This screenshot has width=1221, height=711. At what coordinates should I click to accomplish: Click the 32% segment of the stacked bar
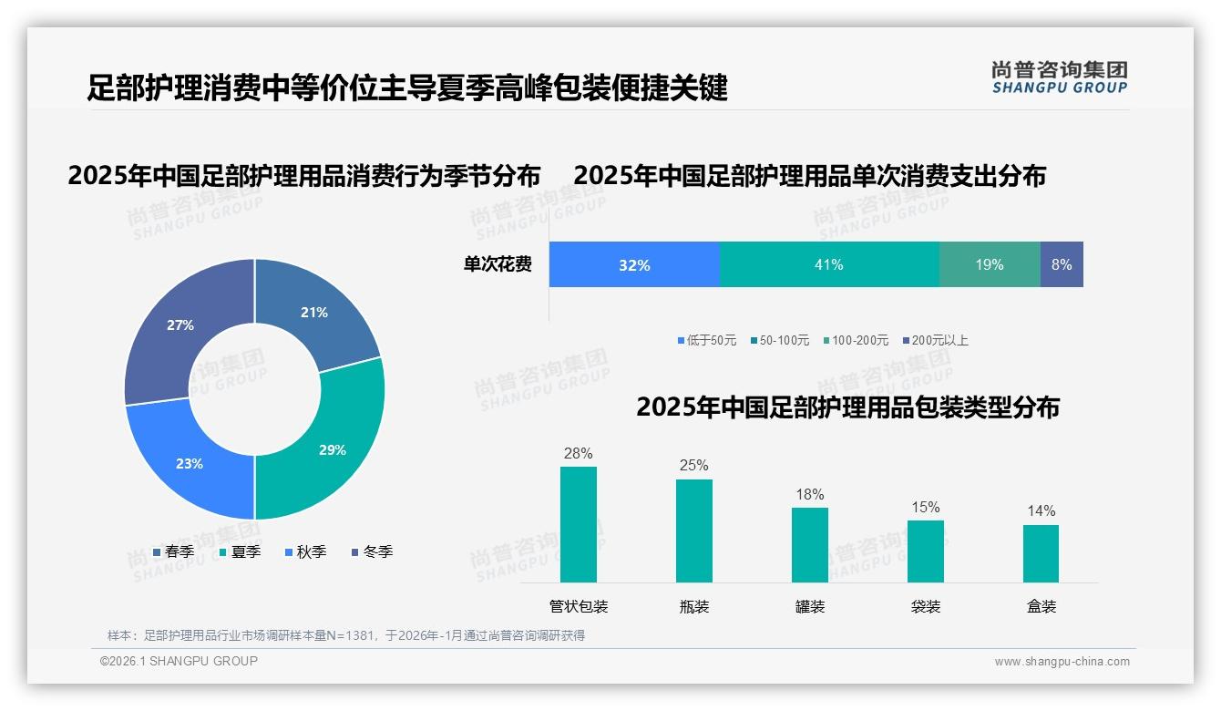pyautogui.click(x=634, y=264)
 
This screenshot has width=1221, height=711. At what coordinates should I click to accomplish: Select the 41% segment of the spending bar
pyautogui.click(x=829, y=264)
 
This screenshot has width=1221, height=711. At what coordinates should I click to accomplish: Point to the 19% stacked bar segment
pyautogui.click(x=990, y=264)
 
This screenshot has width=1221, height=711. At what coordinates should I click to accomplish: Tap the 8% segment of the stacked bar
pyautogui.click(x=1062, y=264)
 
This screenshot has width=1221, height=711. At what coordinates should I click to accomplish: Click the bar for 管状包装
pyautogui.click(x=579, y=524)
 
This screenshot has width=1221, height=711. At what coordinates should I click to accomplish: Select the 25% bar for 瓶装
pyautogui.click(x=694, y=531)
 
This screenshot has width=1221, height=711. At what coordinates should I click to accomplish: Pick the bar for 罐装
pyautogui.click(x=810, y=545)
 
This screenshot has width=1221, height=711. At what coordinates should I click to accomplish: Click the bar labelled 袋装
pyautogui.click(x=926, y=551)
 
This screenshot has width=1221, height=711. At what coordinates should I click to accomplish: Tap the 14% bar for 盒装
pyautogui.click(x=1041, y=553)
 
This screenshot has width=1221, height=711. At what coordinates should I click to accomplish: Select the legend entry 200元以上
pyautogui.click(x=939, y=340)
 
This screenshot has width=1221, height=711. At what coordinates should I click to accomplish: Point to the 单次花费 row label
pyautogui.click(x=498, y=264)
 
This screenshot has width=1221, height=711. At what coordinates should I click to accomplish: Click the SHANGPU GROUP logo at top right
pyautogui.click(x=1059, y=77)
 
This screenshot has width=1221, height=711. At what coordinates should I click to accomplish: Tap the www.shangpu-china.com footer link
pyautogui.click(x=1062, y=662)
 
